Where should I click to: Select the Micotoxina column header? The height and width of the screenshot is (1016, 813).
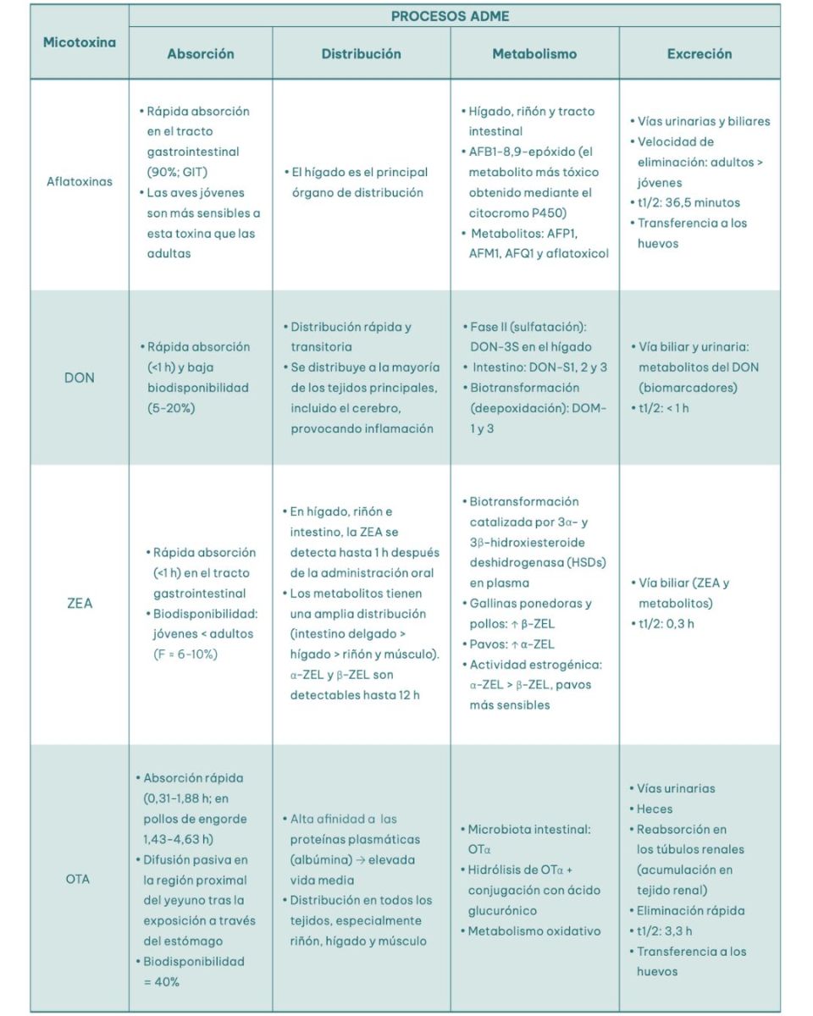pyautogui.click(x=80, y=41)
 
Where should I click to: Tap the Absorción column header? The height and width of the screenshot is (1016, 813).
pyautogui.click(x=201, y=53)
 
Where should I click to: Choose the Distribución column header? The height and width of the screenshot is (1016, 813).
pyautogui.click(x=361, y=53)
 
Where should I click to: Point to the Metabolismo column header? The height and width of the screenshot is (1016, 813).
pyautogui.click(x=534, y=53)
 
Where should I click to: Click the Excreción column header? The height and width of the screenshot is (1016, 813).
pyautogui.click(x=700, y=53)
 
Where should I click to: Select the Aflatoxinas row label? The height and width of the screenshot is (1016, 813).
pyautogui.click(x=80, y=182)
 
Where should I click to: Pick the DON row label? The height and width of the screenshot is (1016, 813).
pyautogui.click(x=80, y=378)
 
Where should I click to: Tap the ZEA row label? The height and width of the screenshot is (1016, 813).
pyautogui.click(x=80, y=604)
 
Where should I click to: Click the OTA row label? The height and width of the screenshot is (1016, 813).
pyautogui.click(x=78, y=879)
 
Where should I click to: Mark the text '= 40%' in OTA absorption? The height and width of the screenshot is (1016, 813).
pyautogui.click(x=162, y=981)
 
